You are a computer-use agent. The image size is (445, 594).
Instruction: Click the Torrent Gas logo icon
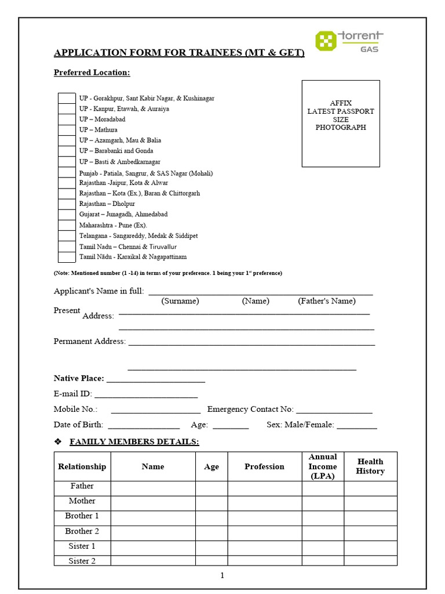(x=326, y=41)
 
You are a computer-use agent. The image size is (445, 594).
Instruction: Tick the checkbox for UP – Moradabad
(x=67, y=119)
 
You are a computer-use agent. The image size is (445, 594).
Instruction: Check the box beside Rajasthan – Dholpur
(x=67, y=204)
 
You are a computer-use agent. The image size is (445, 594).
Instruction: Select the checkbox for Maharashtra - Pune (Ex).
(x=67, y=225)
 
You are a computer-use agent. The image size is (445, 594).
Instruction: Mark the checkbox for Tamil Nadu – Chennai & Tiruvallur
(x=67, y=247)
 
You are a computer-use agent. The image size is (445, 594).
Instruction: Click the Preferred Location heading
(x=92, y=73)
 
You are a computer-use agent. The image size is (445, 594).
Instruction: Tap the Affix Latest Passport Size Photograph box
(x=341, y=123)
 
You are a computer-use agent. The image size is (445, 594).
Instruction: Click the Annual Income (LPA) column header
(x=323, y=466)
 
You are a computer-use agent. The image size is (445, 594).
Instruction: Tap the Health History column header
(x=370, y=466)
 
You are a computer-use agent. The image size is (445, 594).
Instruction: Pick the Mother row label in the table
(x=82, y=501)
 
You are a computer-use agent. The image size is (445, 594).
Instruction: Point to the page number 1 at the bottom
(x=222, y=575)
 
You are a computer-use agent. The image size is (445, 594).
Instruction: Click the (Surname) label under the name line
(x=180, y=301)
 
